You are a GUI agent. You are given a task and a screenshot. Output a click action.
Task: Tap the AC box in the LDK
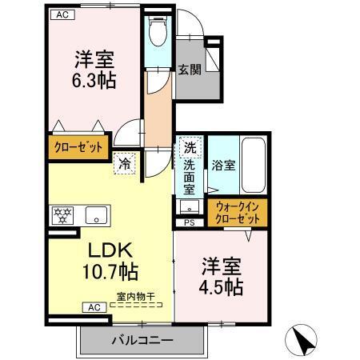point(93,306)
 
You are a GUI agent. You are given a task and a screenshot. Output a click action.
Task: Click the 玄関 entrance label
point(190,68)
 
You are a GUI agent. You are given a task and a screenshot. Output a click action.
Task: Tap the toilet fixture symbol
point(156,30)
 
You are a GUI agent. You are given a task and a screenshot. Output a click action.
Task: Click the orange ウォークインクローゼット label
point(238,212)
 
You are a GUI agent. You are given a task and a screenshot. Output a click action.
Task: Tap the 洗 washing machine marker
point(190,147)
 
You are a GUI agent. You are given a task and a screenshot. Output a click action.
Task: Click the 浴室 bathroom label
point(223,166)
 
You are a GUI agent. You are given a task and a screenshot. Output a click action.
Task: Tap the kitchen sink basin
point(95,214)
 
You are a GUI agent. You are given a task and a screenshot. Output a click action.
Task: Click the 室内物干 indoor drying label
point(135,296)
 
